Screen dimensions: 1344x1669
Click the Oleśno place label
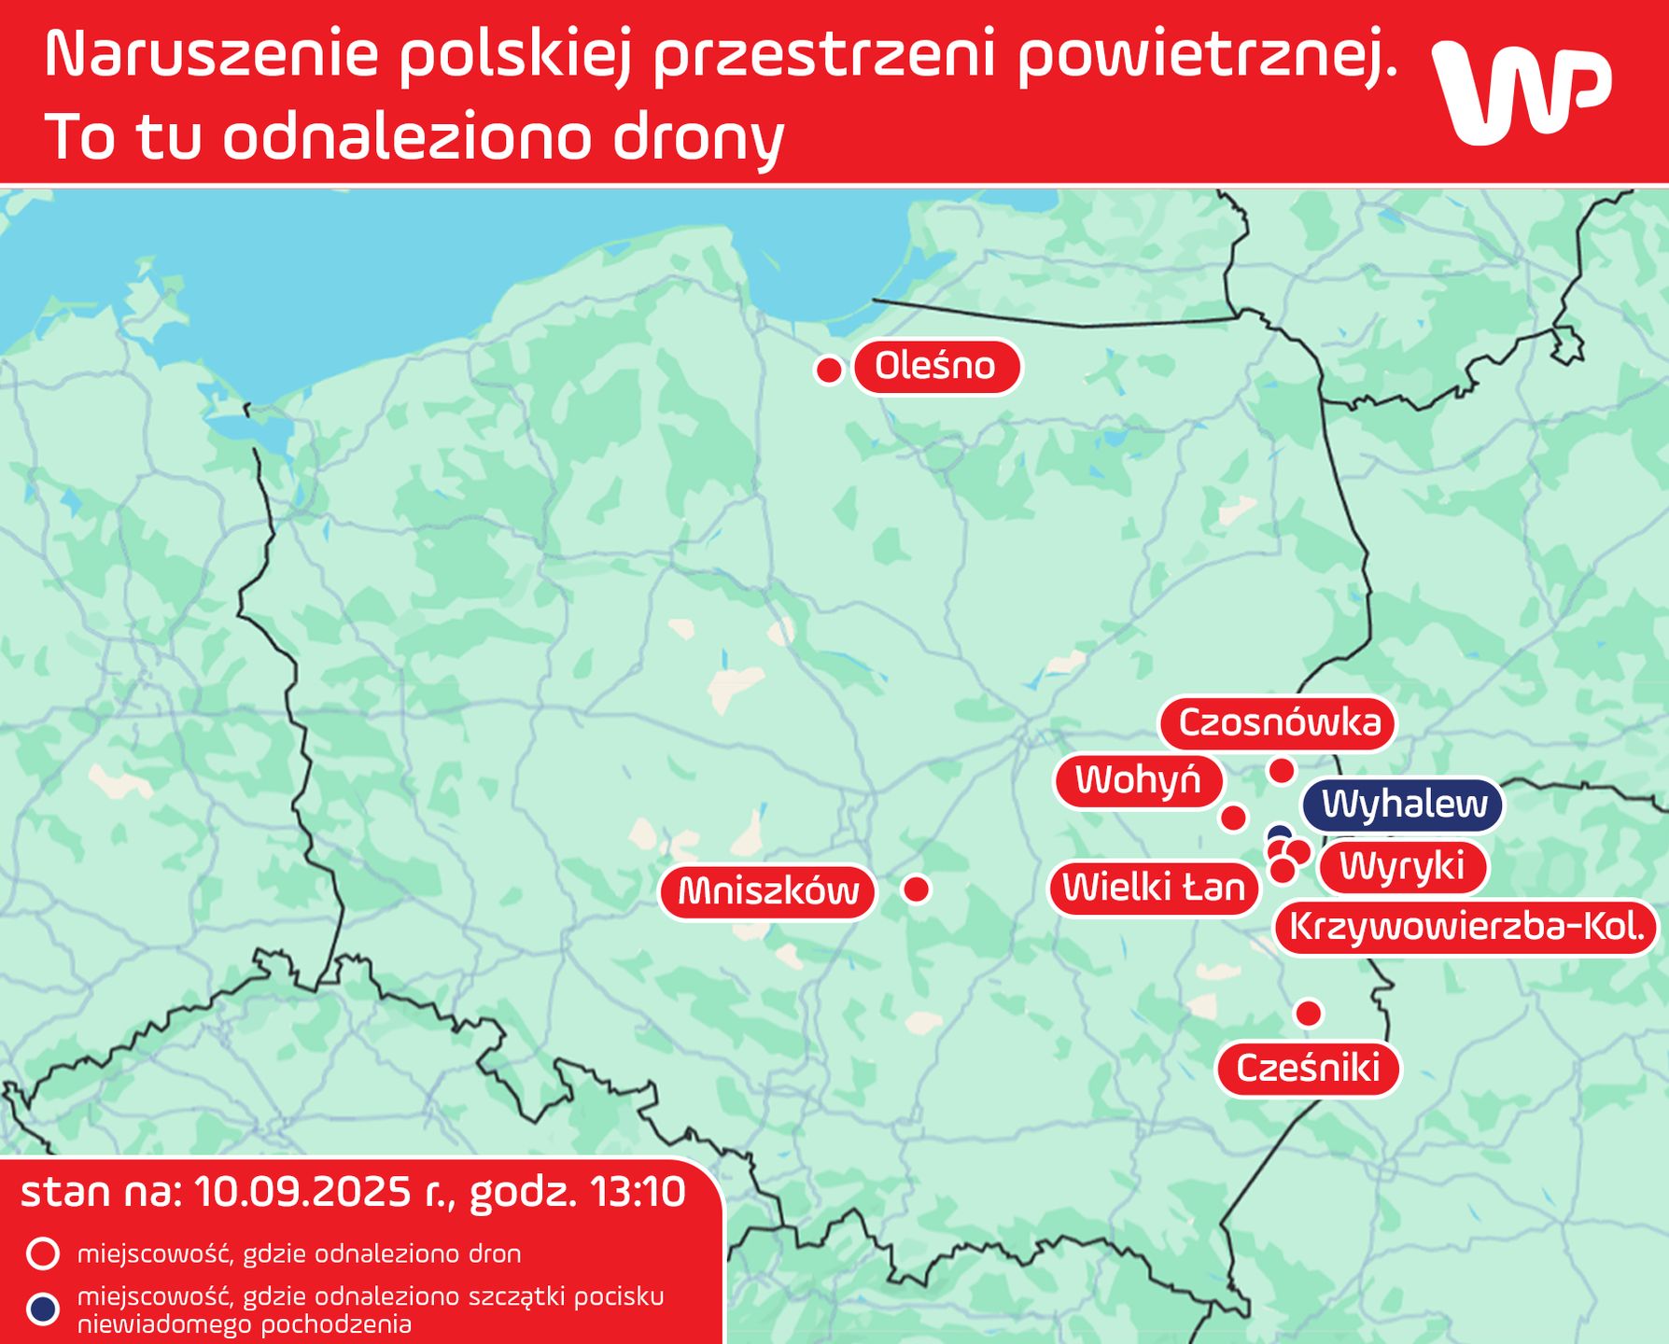coord(935,366)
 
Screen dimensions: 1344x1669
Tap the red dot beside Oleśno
coord(829,371)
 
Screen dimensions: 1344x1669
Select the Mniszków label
coord(767,891)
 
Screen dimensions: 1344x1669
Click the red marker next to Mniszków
coord(917,889)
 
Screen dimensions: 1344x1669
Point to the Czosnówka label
coord(1279,723)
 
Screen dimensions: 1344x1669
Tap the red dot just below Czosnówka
coord(1282,771)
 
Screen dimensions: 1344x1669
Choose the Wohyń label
coord(1138,780)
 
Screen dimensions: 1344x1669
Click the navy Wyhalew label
coord(1404,805)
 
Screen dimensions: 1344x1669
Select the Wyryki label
coord(1401,866)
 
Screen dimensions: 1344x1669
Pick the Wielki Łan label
coord(1154,888)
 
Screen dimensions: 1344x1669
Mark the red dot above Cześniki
coord(1309,1013)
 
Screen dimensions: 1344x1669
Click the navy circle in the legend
coord(43,1309)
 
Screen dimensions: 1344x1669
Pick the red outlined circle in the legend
coord(43,1253)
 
